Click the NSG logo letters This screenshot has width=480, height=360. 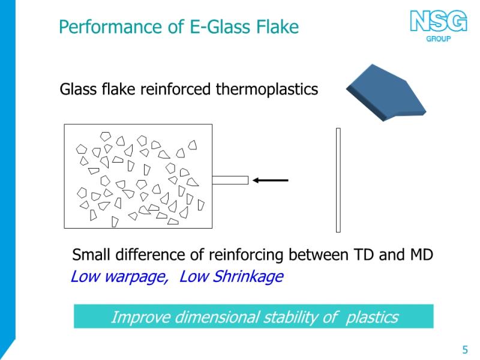pos(439,21)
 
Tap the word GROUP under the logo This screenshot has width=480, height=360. pos(439,39)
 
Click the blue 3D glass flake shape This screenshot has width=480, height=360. pos(386,92)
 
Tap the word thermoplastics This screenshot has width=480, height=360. pos(267,89)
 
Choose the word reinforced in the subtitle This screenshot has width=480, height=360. pos(175,89)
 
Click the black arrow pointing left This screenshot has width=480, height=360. pos(271,181)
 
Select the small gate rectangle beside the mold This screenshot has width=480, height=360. pos(230,181)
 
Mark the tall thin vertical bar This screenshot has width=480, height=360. pos(338,181)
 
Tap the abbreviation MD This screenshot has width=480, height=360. pos(422,254)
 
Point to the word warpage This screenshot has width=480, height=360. pos(136,277)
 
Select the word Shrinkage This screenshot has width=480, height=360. pos(248,277)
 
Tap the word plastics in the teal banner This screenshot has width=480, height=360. pos(372,317)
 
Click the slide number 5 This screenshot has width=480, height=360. pos(465,350)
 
